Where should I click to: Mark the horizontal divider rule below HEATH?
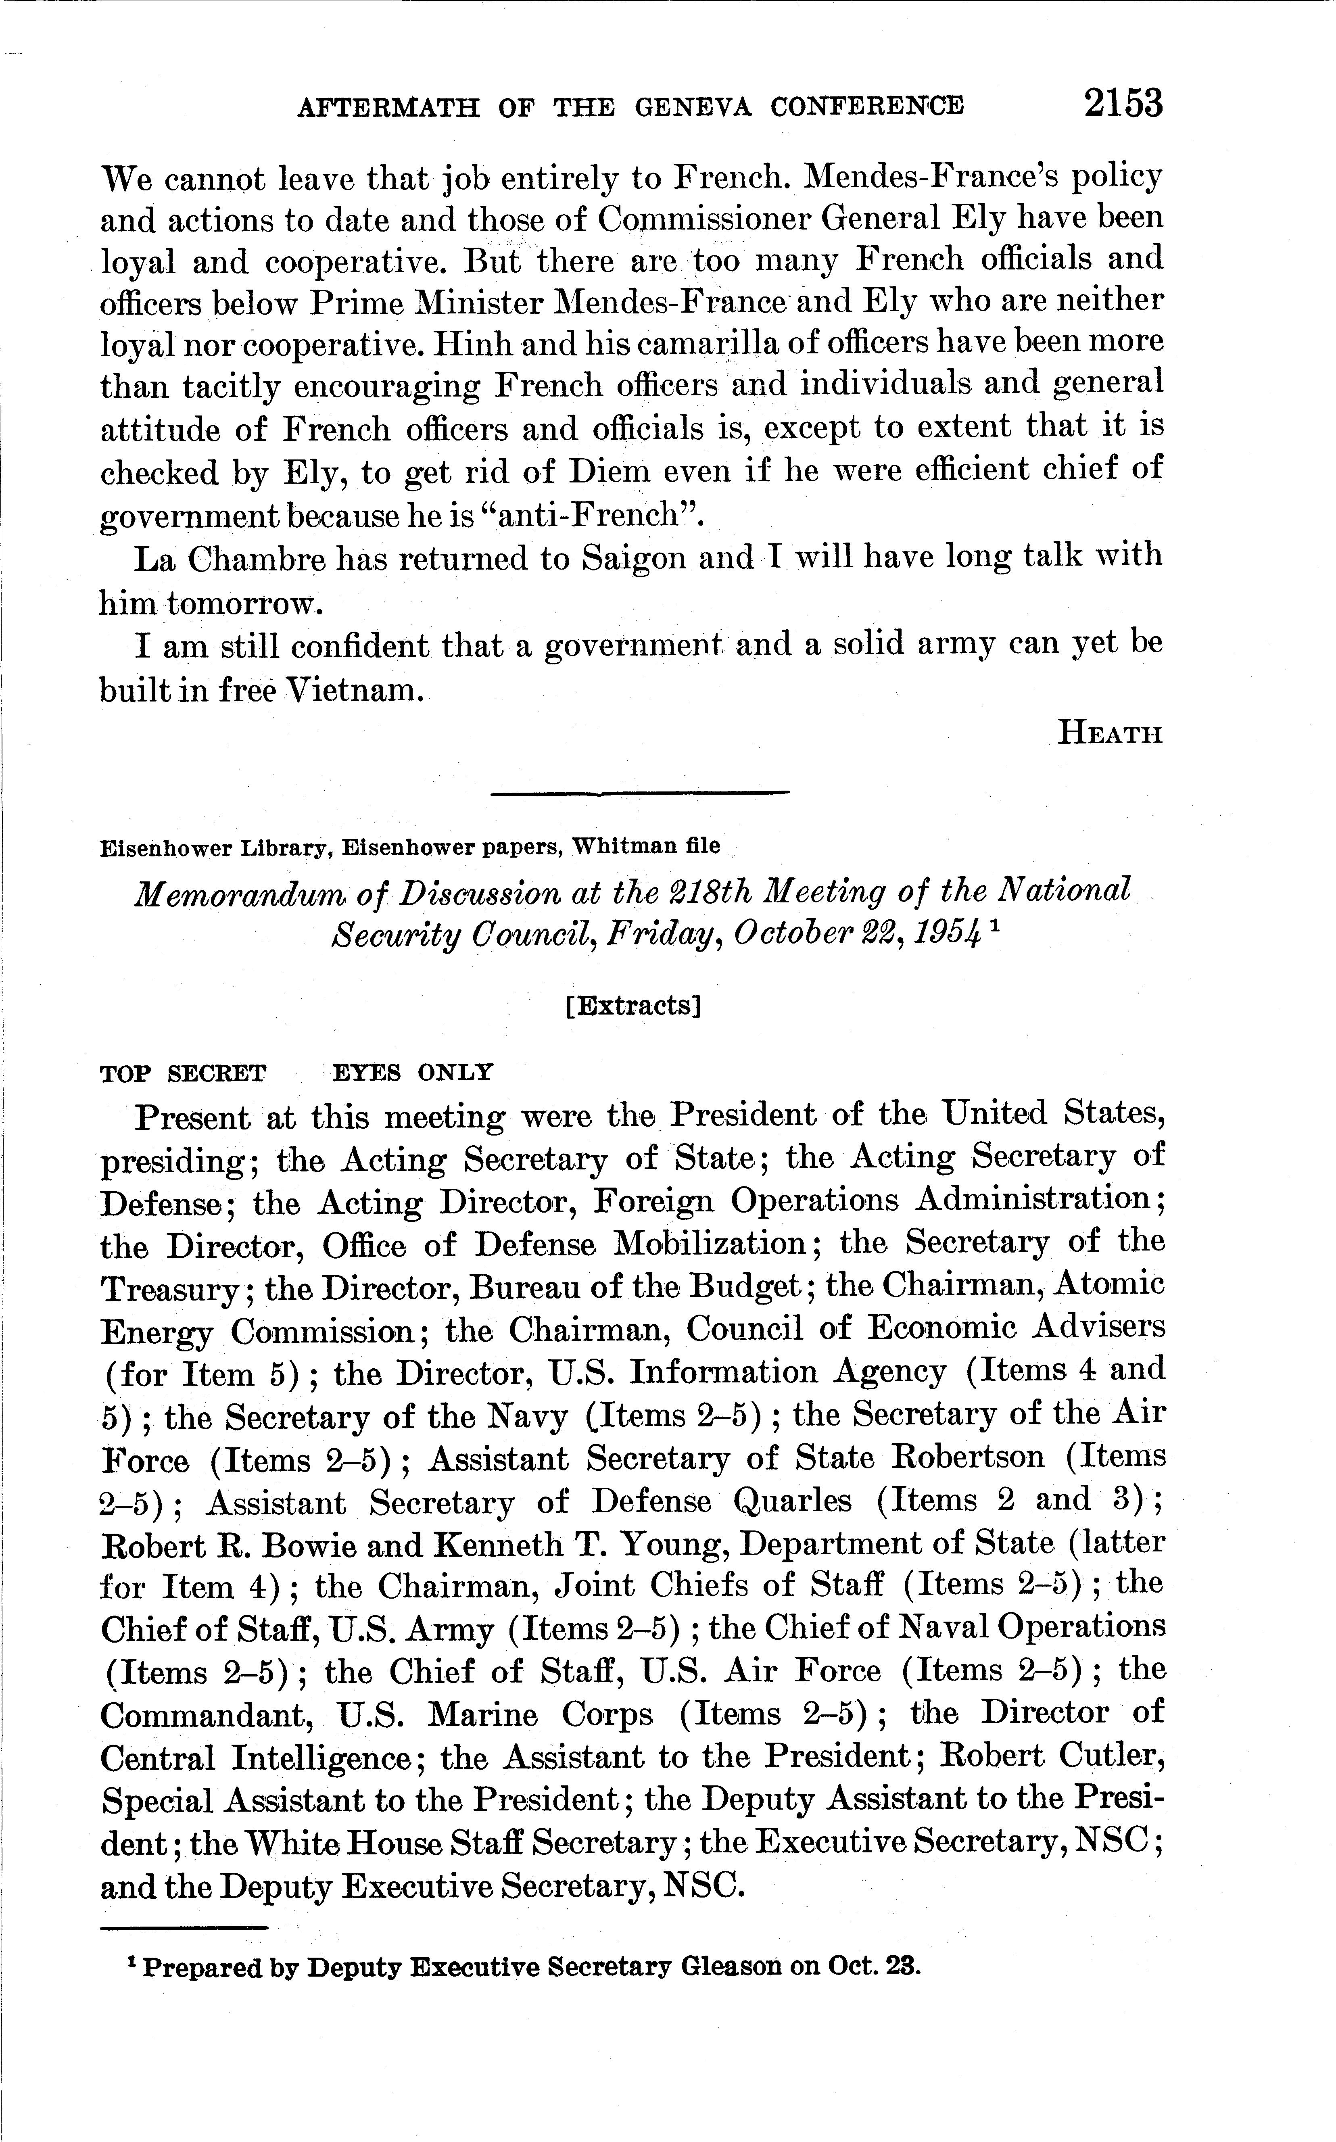point(639,793)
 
